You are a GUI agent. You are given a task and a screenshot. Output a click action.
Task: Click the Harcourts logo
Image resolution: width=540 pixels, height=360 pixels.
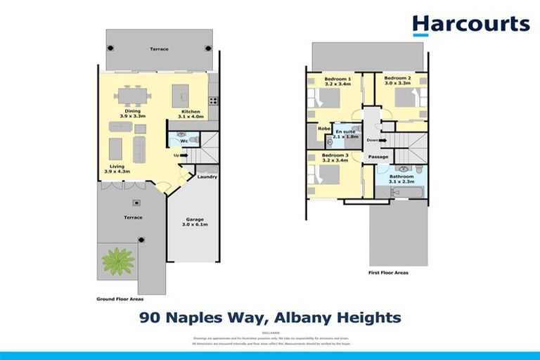[470, 25]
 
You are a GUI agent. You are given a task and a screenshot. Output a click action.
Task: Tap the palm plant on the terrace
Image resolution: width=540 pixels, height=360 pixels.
[118, 261]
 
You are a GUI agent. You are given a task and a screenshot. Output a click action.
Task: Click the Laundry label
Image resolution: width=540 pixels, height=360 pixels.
[207, 176]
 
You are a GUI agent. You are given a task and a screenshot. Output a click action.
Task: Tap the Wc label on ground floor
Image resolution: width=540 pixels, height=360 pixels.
[183, 141]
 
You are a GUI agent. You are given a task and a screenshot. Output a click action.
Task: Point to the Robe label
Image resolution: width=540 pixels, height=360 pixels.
[324, 129]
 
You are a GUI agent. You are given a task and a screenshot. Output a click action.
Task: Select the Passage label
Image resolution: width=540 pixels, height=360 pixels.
[378, 157]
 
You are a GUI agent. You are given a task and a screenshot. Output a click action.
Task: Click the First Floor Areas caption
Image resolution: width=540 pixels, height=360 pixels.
[387, 272]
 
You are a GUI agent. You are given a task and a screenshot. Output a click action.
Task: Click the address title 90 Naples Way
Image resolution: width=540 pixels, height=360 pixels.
[270, 318]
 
